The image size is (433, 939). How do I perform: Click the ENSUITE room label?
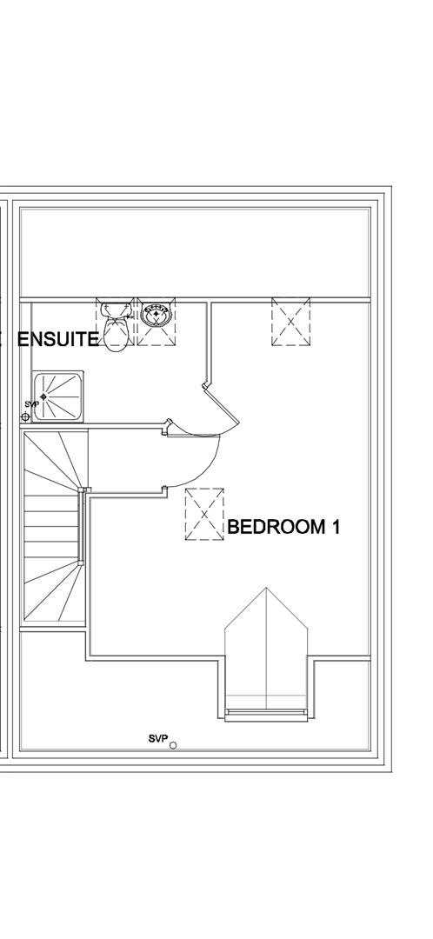(58, 340)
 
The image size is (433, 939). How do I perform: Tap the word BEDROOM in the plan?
(275, 527)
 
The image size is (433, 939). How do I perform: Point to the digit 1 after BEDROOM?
(335, 527)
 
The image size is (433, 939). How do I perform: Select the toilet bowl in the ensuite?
(117, 334)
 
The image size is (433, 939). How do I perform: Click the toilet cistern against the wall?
(116, 309)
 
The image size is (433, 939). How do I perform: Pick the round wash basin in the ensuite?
(157, 315)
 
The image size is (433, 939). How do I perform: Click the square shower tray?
(57, 396)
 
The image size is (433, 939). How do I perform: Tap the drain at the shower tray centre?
(43, 396)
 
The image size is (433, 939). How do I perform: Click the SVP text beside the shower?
(31, 404)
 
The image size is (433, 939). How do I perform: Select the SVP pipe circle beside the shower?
(25, 416)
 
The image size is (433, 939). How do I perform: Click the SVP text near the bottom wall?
(157, 739)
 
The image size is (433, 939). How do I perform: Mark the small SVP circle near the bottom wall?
(173, 746)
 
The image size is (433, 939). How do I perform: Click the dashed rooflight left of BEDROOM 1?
(204, 515)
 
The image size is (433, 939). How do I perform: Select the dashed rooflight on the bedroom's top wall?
(291, 323)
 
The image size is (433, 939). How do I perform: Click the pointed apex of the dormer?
(267, 588)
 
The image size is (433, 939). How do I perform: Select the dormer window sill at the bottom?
(267, 713)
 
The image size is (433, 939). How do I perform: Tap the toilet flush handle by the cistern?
(128, 318)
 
